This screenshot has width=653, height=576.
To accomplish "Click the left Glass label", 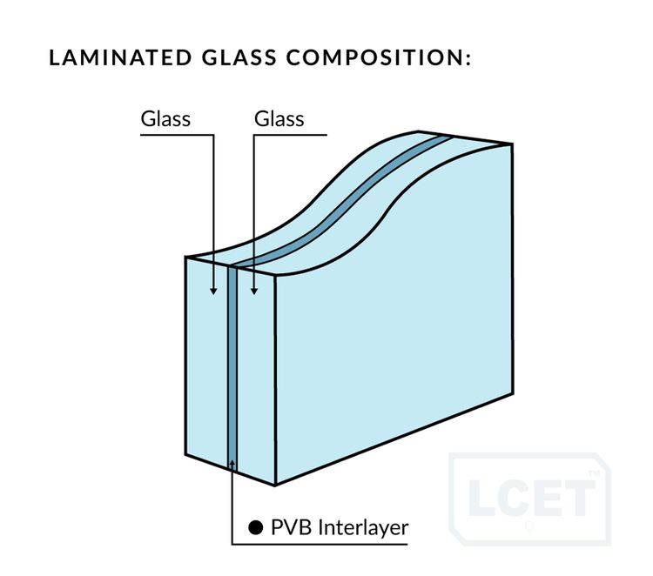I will point(165,118).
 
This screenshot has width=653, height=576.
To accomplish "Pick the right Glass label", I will point(279,118).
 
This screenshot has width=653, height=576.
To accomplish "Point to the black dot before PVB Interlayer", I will point(255,526).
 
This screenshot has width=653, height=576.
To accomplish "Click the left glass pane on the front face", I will point(207,365).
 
